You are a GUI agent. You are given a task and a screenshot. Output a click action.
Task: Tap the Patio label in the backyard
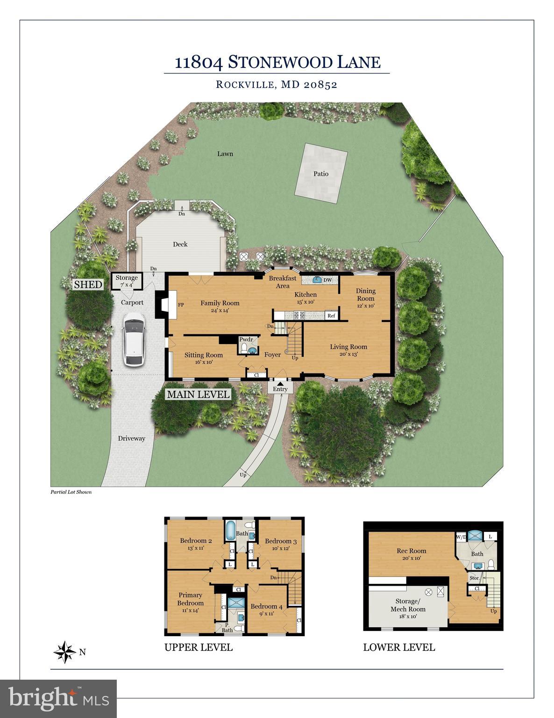point(321,173)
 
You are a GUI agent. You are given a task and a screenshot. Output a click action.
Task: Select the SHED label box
point(88,284)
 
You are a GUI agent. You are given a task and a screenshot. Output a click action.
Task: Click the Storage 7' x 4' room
point(127,281)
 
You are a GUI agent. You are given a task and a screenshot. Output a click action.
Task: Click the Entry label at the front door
point(280,389)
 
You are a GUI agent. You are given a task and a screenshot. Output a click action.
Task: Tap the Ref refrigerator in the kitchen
point(331,316)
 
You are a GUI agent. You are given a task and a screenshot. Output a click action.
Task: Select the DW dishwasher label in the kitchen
point(328,280)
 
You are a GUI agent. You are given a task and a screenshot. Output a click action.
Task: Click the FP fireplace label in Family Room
point(180,304)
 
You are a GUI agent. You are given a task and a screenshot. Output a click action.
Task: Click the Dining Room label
point(365,294)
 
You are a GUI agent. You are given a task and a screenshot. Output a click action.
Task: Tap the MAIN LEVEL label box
point(199,394)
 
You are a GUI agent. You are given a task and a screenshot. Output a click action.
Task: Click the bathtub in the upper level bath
point(232,531)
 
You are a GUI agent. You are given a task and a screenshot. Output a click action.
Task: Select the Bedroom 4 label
point(266,606)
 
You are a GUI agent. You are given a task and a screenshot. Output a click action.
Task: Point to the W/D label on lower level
point(461,537)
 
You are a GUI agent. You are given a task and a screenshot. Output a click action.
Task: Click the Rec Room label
point(411,551)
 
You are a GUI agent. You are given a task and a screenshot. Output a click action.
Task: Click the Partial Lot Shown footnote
point(71,492)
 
